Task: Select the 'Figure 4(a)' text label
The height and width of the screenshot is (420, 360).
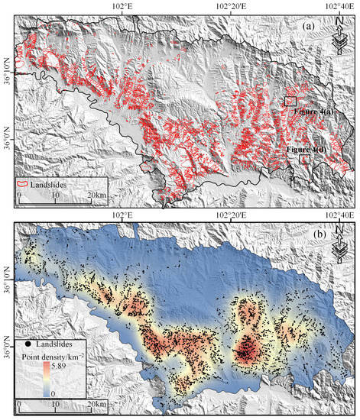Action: pyautogui.click(x=313, y=112)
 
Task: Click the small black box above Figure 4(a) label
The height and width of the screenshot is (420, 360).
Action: pyautogui.click(x=290, y=101)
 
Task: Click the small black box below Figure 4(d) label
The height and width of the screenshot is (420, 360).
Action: pyautogui.click(x=305, y=160)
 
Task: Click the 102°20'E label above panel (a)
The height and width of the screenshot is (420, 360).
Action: pyautogui.click(x=232, y=6)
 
